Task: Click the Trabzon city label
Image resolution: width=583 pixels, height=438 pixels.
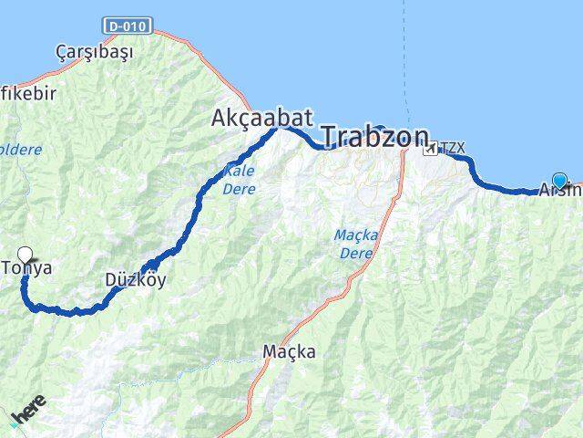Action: coord(375,138)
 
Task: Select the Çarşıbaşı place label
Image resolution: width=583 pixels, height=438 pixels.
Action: coord(94,51)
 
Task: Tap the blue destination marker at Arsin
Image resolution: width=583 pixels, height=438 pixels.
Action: coord(559,181)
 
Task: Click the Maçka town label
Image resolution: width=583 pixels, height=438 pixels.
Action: coord(289,350)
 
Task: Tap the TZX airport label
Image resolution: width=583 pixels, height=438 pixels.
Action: coord(452,147)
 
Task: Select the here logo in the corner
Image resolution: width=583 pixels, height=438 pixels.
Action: coord(27,412)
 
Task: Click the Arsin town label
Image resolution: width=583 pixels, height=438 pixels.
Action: coord(559,191)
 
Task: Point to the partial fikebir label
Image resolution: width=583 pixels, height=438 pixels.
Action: coord(28,93)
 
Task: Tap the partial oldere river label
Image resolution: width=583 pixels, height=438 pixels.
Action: coord(20,148)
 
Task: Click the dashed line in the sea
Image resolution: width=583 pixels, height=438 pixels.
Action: coord(407,55)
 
